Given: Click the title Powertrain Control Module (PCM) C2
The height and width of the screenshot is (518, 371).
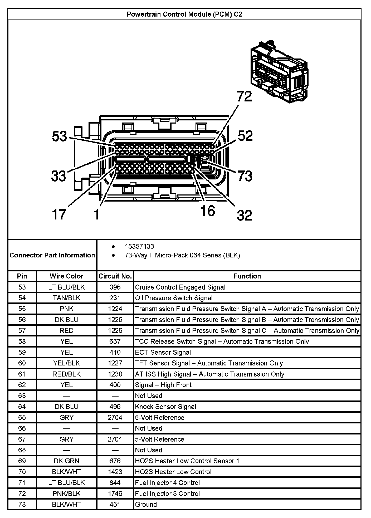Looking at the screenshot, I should click(x=184, y=14).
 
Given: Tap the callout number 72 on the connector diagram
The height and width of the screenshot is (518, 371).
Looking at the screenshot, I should click(x=244, y=96).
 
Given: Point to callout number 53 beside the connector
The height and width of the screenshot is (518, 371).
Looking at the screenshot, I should click(x=60, y=136).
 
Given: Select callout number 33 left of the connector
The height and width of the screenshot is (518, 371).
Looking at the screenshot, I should click(x=58, y=176).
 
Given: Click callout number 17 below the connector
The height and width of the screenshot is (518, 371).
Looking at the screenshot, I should click(x=59, y=214).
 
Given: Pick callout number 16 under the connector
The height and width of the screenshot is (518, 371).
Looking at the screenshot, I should click(x=208, y=211).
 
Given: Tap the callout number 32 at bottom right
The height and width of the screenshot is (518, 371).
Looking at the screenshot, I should click(x=244, y=215).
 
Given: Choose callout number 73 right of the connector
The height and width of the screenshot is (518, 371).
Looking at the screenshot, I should click(x=245, y=176).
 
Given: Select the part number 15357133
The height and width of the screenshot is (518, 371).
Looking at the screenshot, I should click(x=139, y=247).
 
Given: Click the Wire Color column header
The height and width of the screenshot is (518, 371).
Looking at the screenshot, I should click(x=66, y=276).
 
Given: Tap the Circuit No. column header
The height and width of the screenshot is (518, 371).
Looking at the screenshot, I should click(x=115, y=276).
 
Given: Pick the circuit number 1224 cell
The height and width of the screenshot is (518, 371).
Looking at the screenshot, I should click(x=115, y=309).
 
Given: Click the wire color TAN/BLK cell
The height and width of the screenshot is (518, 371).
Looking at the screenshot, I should click(x=66, y=298).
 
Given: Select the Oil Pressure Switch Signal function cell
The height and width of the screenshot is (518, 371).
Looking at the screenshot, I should click(x=174, y=298).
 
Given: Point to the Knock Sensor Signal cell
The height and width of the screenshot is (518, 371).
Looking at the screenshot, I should click(x=165, y=407).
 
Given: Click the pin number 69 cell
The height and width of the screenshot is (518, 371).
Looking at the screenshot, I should click(x=22, y=461).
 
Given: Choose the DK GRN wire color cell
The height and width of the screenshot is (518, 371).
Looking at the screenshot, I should click(x=66, y=461).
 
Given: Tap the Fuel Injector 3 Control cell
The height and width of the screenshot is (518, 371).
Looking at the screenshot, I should click(x=167, y=493).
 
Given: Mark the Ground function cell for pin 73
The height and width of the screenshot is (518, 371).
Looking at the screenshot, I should click(x=146, y=504).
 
